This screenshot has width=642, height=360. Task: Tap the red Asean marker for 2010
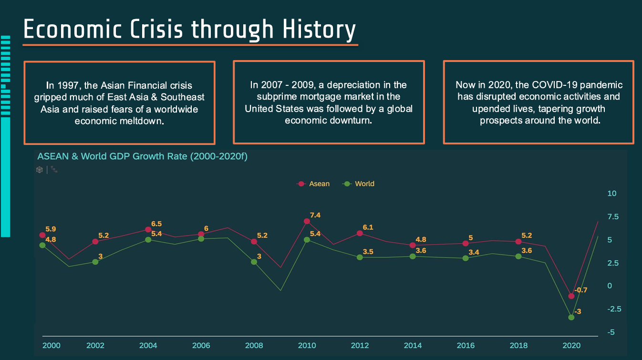tap(307, 221)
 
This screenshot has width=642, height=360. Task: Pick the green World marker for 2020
tap(571, 317)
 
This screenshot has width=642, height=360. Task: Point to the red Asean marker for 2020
tap(571, 296)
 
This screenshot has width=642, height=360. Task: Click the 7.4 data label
tap(315, 215)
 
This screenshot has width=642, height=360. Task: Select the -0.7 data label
tap(580, 290)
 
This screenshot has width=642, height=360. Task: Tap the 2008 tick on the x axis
tap(254, 345)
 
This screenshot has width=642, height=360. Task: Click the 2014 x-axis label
tap(413, 345)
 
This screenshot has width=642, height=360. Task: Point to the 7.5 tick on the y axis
tap(612, 216)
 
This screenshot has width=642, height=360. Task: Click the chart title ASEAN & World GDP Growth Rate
tap(142, 156)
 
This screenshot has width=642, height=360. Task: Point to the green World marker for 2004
tap(148, 239)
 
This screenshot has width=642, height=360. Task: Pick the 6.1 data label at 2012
tap(368, 227)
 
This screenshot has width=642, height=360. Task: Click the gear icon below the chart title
tap(40, 169)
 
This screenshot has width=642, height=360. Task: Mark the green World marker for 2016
tap(466, 258)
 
